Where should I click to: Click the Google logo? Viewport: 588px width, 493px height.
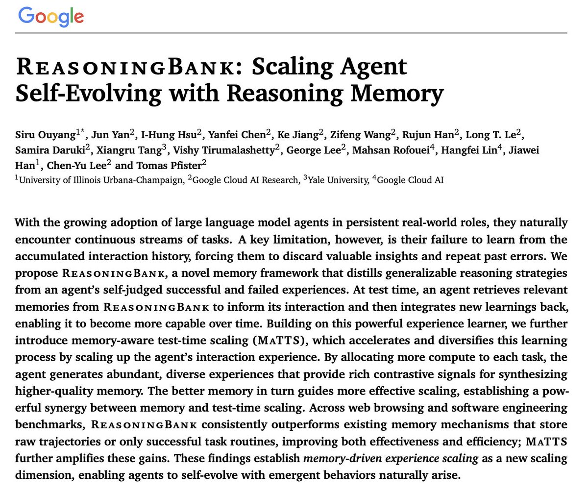(x=51, y=17)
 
